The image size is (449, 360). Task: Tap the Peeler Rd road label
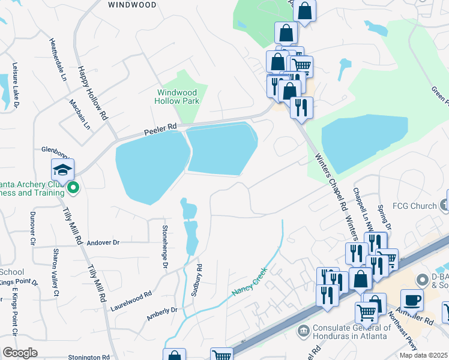click(160, 128)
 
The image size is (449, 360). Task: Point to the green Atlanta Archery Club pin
click(73, 188)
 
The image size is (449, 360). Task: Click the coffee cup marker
click(412, 299)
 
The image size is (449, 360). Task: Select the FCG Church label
click(415, 206)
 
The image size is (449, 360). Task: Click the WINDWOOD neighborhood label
click(132, 5)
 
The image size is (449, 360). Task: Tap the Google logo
click(20, 353)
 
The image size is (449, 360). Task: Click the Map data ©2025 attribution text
click(423, 355)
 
